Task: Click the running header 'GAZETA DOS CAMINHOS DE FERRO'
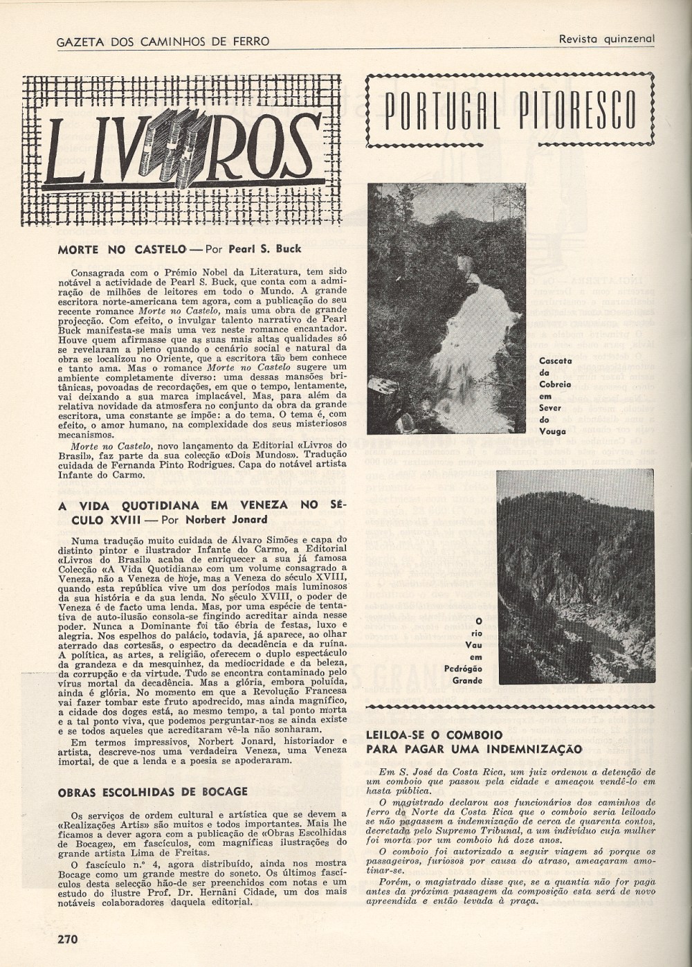tap(162, 42)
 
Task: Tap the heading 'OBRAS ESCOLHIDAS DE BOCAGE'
tap(153, 791)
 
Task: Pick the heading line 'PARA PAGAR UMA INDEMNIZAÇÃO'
tap(473, 748)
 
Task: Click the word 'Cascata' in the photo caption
tap(554, 360)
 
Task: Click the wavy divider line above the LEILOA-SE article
tap(510, 705)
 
